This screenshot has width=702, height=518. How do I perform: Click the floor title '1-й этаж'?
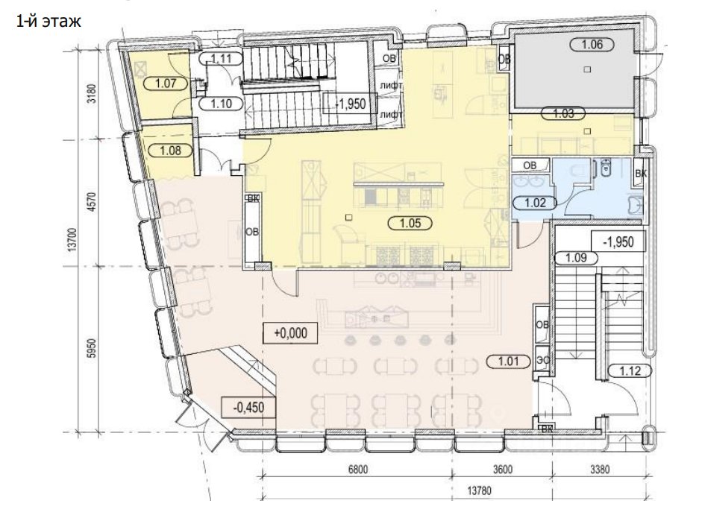pyautogui.click(x=48, y=21)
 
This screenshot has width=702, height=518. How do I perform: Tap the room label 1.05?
pyautogui.click(x=410, y=222)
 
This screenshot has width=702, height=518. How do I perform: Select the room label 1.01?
pyautogui.click(x=508, y=361)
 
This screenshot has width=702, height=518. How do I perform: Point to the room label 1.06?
pyautogui.click(x=592, y=44)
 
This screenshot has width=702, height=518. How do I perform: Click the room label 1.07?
pyautogui.click(x=166, y=83)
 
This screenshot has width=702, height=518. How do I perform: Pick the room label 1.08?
pyautogui.click(x=171, y=151)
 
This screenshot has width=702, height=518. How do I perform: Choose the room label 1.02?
pyautogui.click(x=535, y=203)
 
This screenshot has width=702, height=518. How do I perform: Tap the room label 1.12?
pyautogui.click(x=630, y=370)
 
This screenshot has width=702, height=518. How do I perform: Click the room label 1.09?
pyautogui.click(x=576, y=258)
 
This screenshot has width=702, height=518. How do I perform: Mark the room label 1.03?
pyautogui.click(x=564, y=113)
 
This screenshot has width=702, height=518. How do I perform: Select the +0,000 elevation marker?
pyautogui.click(x=290, y=333)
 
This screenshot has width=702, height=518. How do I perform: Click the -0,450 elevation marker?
pyautogui.click(x=249, y=408)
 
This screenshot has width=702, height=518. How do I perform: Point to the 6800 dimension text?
pyautogui.click(x=358, y=470)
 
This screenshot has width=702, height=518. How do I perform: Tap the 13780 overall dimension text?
pyautogui.click(x=479, y=490)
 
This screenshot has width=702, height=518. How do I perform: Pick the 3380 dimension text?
pyautogui.click(x=600, y=470)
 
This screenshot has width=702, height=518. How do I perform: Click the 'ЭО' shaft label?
pyautogui.click(x=542, y=360)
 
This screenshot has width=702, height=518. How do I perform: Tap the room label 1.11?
pyautogui.click(x=221, y=58)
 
